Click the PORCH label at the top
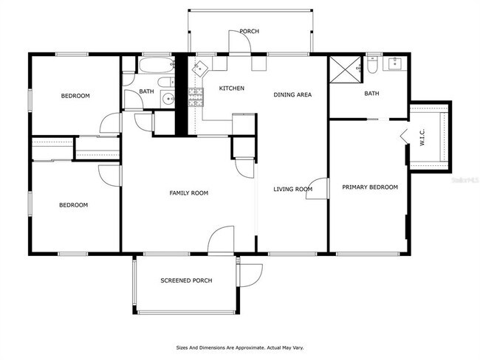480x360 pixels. (x=249, y=31)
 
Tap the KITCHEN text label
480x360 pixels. (x=231, y=89)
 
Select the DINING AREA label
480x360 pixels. (x=292, y=94)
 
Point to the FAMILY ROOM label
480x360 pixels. (x=188, y=193)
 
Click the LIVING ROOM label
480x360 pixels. (x=292, y=190)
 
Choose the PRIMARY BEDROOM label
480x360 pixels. (x=369, y=187)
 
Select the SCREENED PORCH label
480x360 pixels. (x=186, y=280)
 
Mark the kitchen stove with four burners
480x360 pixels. (x=196, y=97)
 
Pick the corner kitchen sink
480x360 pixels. (x=200, y=69)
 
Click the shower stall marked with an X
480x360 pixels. (x=343, y=69)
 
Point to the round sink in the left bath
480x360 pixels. (x=168, y=98)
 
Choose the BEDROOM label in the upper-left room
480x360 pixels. (x=75, y=96)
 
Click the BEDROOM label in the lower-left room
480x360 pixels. (x=73, y=205)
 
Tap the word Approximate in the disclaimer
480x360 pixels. (x=235, y=347)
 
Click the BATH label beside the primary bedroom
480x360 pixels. (x=371, y=94)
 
